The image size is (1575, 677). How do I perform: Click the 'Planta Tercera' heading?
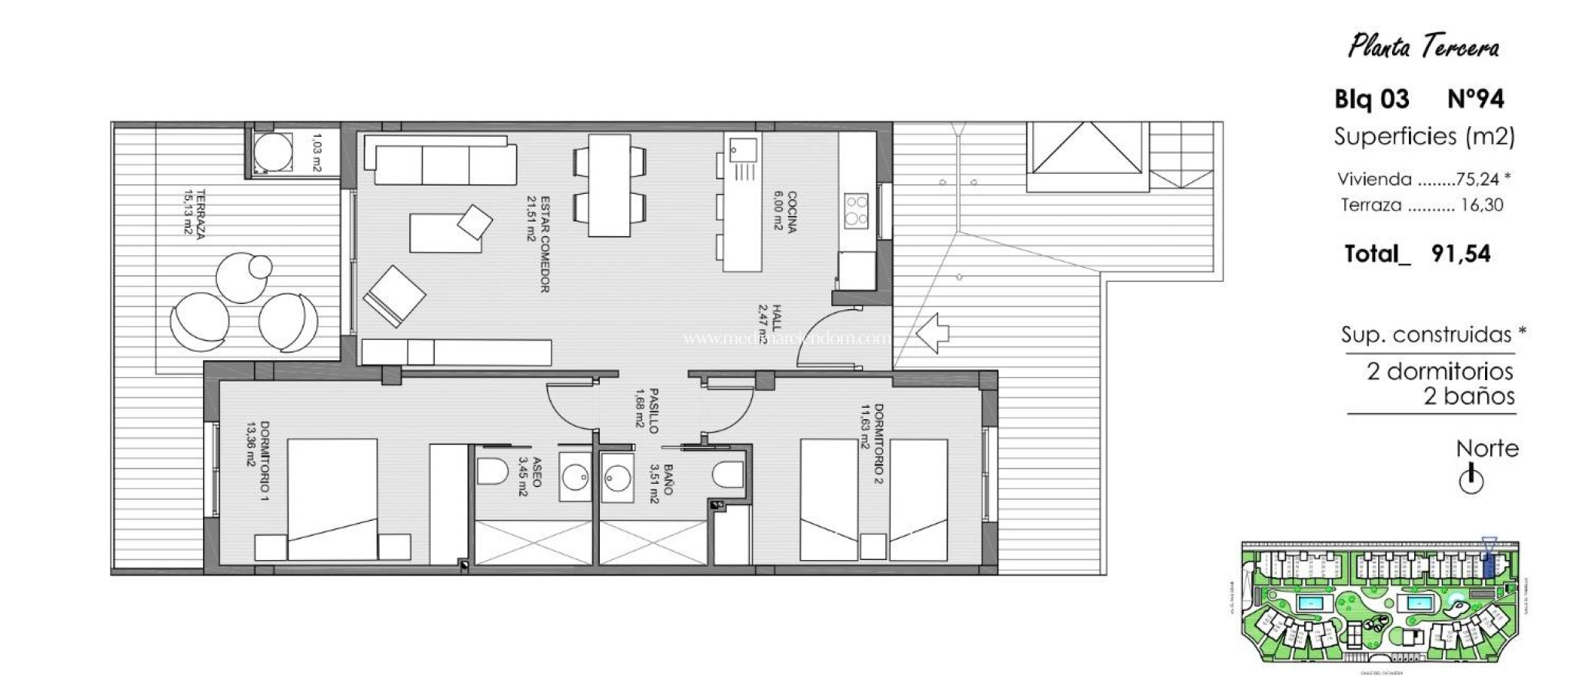point(1423,48)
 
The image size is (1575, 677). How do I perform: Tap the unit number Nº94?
point(1475,99)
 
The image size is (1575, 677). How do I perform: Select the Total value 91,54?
point(1460,254)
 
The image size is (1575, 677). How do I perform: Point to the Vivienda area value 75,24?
point(1477,179)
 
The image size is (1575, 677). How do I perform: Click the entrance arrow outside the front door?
point(931,333)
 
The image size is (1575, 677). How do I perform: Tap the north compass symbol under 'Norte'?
point(1470,480)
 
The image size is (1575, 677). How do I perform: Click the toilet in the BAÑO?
point(728,472)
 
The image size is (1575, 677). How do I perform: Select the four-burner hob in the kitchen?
point(856,210)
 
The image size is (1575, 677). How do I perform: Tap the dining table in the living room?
point(610,185)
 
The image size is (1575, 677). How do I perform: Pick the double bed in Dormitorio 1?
point(332,499)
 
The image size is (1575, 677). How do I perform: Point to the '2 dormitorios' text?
point(1440,372)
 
